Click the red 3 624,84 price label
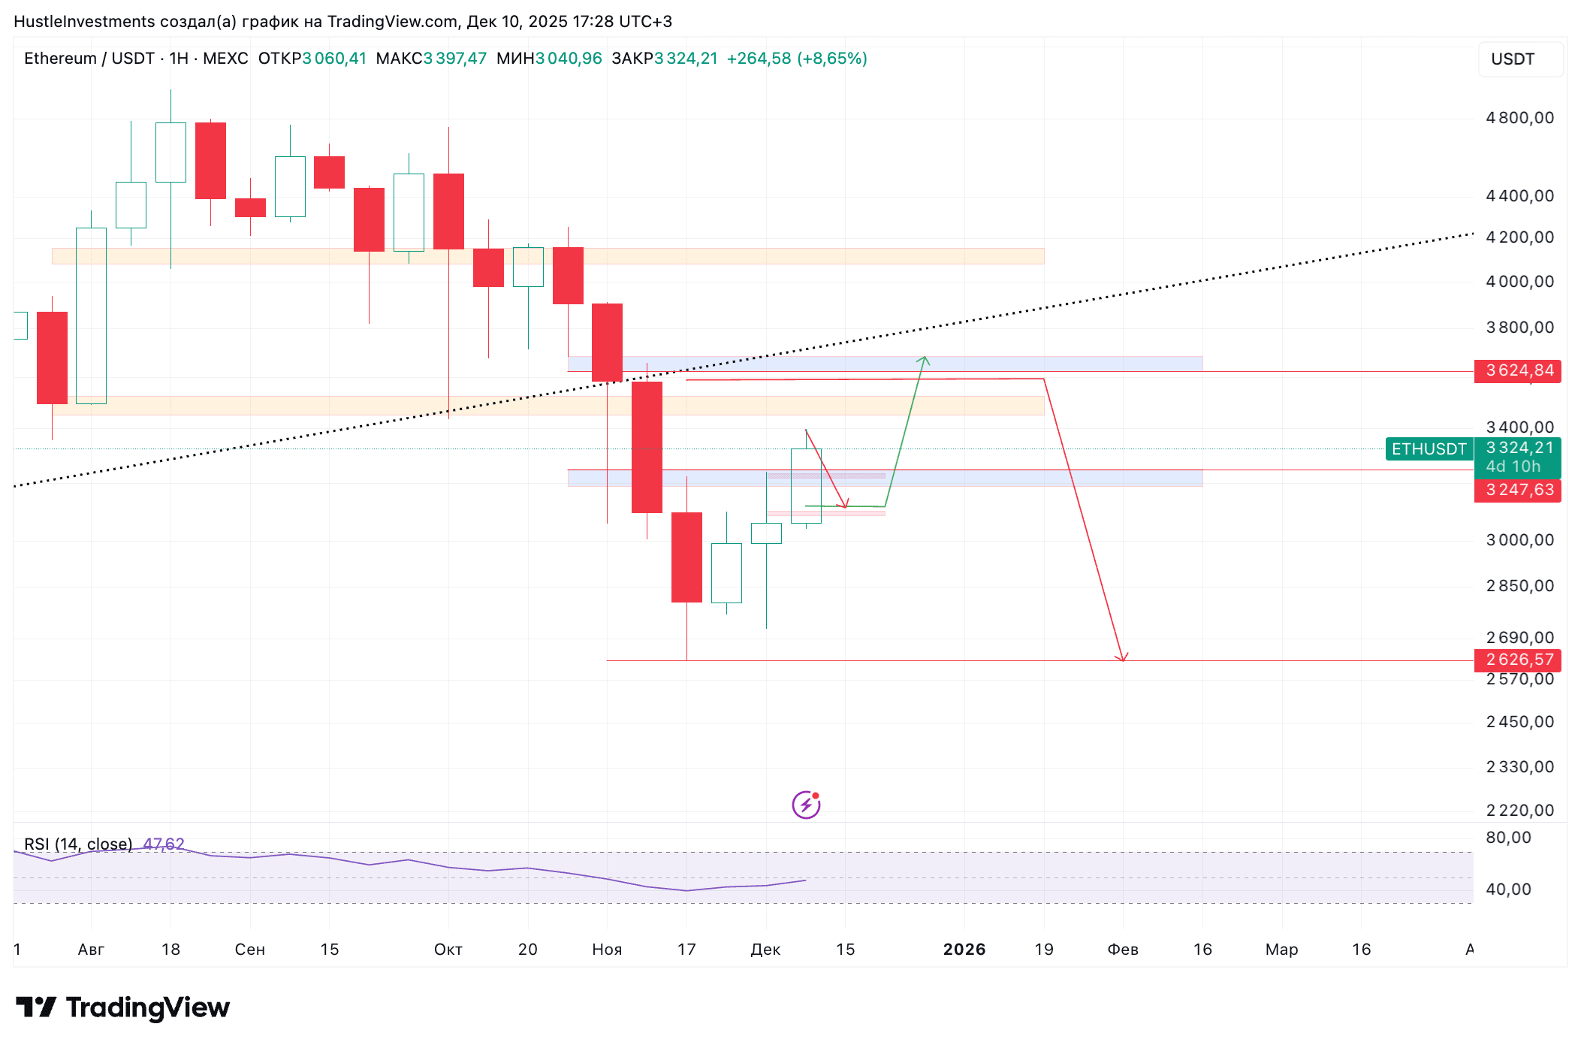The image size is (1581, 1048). pyautogui.click(x=1518, y=370)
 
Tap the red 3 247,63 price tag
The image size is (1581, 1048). pyautogui.click(x=1518, y=490)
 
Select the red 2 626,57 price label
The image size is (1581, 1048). pyautogui.click(x=1518, y=660)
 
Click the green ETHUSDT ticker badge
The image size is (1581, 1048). pyautogui.click(x=1429, y=449)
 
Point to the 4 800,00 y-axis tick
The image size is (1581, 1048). pyautogui.click(x=1519, y=118)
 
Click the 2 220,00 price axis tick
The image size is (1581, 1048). pyautogui.click(x=1519, y=810)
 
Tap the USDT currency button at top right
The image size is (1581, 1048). pyautogui.click(x=1512, y=59)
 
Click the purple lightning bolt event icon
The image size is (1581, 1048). pyautogui.click(x=806, y=805)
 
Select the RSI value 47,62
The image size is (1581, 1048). pyautogui.click(x=164, y=844)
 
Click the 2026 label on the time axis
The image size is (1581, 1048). pyautogui.click(x=964, y=950)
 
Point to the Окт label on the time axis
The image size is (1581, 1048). pyautogui.click(x=448, y=950)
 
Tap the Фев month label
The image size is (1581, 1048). pyautogui.click(x=1123, y=950)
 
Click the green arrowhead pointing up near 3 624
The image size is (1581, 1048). pyautogui.click(x=924, y=361)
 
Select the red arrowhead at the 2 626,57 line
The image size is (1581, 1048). pyautogui.click(x=1121, y=657)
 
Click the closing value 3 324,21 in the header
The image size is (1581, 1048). pyautogui.click(x=686, y=59)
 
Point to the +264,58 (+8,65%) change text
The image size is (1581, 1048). pyautogui.click(x=797, y=59)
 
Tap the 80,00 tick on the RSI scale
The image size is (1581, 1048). pyautogui.click(x=1508, y=838)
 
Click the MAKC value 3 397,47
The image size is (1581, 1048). pyautogui.click(x=455, y=59)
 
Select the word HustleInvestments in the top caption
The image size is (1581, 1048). pyautogui.click(x=84, y=21)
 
